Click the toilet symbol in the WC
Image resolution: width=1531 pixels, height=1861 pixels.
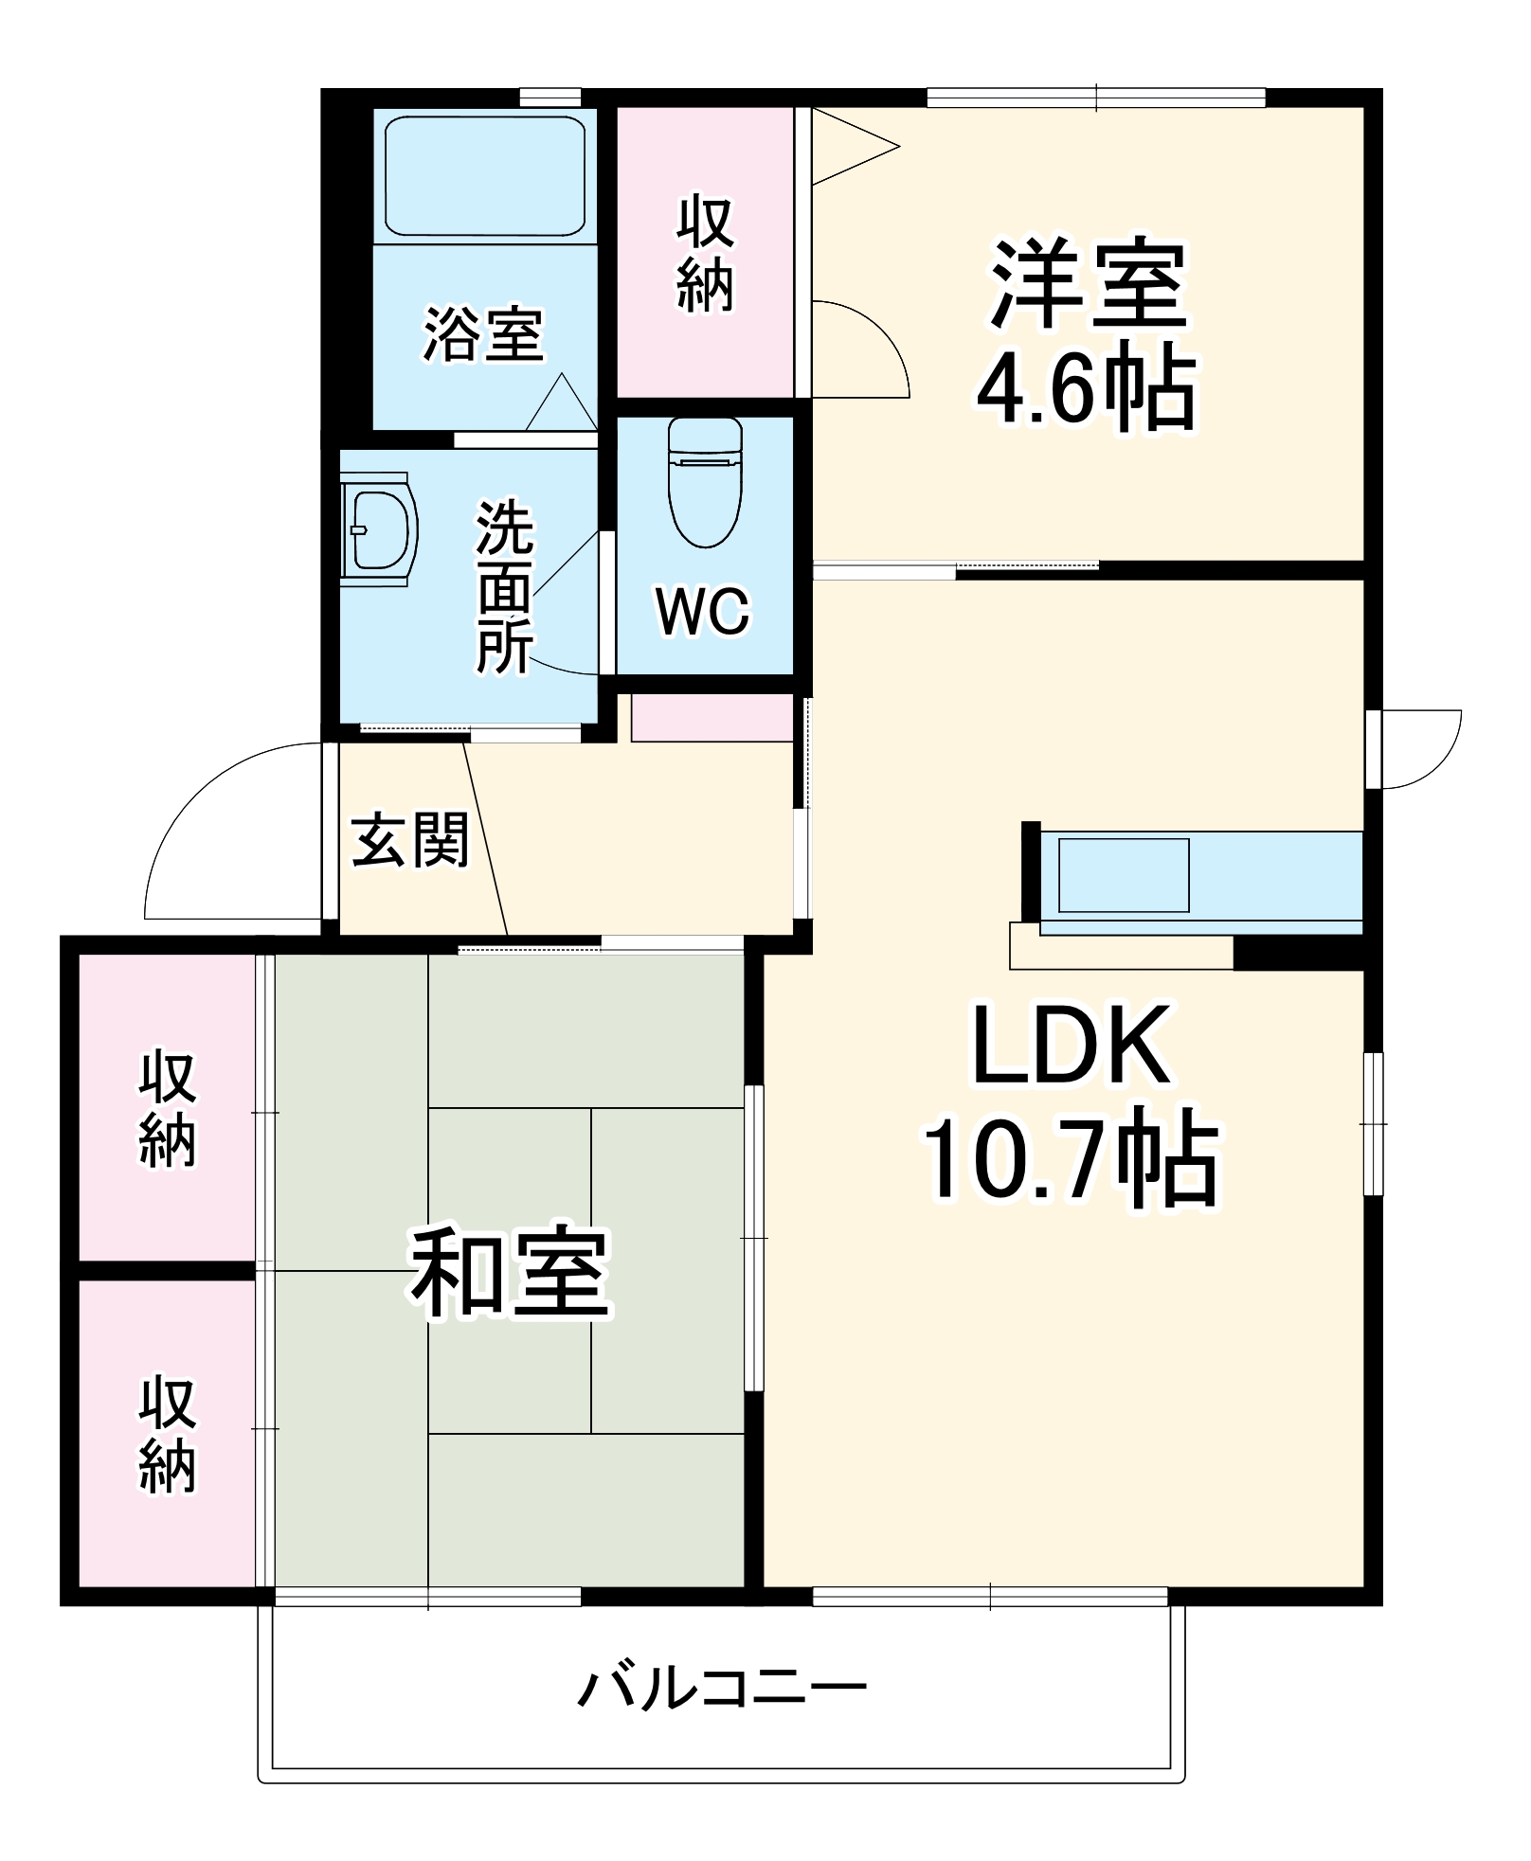point(705,483)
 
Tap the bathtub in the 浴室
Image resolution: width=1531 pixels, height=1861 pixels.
point(484,176)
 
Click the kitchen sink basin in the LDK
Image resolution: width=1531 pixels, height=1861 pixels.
point(1123,875)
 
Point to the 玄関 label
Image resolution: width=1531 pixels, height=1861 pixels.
point(410,840)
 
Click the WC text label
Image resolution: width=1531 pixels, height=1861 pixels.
point(703,612)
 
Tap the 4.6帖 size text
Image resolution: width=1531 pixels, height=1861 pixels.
point(1087,389)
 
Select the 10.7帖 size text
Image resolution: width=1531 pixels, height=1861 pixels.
point(1071,1161)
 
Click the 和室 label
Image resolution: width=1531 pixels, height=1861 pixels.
point(510,1273)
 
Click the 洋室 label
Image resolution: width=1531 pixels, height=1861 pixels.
point(1088,285)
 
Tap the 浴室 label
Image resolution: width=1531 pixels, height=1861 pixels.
point(483,334)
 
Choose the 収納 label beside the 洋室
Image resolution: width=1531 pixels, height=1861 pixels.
point(705,254)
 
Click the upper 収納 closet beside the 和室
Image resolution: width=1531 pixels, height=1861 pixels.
point(167,1108)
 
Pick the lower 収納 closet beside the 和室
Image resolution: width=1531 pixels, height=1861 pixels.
point(167,1436)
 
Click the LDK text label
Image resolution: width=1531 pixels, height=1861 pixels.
point(1071,1047)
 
